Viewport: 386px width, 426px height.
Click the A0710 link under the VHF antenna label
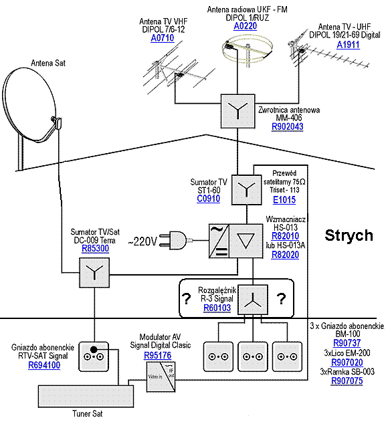pos(163,38)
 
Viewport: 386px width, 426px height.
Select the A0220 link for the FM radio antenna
pos(246,26)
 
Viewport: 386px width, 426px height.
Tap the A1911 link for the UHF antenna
pos(348,45)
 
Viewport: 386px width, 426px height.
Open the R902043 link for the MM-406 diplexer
pos(287,126)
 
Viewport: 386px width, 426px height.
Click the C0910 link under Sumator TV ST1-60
pos(208,199)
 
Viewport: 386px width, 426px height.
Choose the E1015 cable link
pos(284,200)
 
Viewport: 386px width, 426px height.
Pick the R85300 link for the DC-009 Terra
pos(95,248)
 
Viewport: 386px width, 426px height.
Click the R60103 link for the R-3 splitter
pos(217,308)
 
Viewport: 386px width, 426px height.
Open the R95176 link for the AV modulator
pos(158,355)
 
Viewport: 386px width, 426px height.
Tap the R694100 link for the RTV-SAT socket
pos(44,365)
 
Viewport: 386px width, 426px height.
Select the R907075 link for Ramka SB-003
pos(347,381)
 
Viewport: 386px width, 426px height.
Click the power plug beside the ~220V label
pos(173,240)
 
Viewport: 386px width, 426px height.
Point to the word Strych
pos(349,235)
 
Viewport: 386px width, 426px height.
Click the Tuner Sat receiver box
pos(86,397)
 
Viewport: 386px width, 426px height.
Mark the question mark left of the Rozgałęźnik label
pos(187,299)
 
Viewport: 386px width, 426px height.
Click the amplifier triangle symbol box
pos(246,241)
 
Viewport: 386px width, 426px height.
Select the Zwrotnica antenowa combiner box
pos(238,111)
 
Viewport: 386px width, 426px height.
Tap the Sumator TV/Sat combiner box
pos(94,272)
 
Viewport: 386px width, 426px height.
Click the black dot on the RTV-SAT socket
pos(94,349)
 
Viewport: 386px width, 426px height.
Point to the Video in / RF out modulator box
pos(161,377)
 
